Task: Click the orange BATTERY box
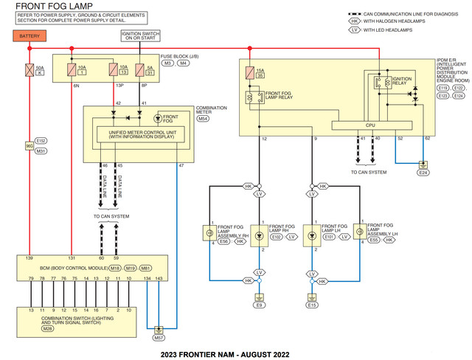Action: click(29, 36)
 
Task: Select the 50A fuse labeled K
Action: click(29, 72)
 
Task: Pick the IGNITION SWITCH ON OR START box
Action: click(139, 37)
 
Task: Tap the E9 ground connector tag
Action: click(259, 305)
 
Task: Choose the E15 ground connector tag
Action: click(312, 305)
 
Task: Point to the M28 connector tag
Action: click(27, 329)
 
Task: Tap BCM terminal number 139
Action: click(29, 258)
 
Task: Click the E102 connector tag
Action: click(276, 237)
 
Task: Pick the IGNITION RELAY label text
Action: click(402, 79)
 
